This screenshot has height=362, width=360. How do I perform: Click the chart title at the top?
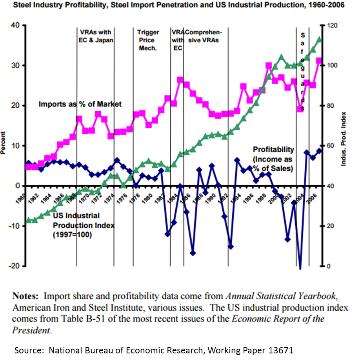point(180,5)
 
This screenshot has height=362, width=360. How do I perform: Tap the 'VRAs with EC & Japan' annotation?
point(95,36)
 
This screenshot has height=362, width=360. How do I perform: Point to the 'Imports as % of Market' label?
point(80,104)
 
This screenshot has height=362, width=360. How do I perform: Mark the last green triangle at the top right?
point(319,40)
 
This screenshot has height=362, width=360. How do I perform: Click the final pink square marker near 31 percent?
point(319,61)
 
